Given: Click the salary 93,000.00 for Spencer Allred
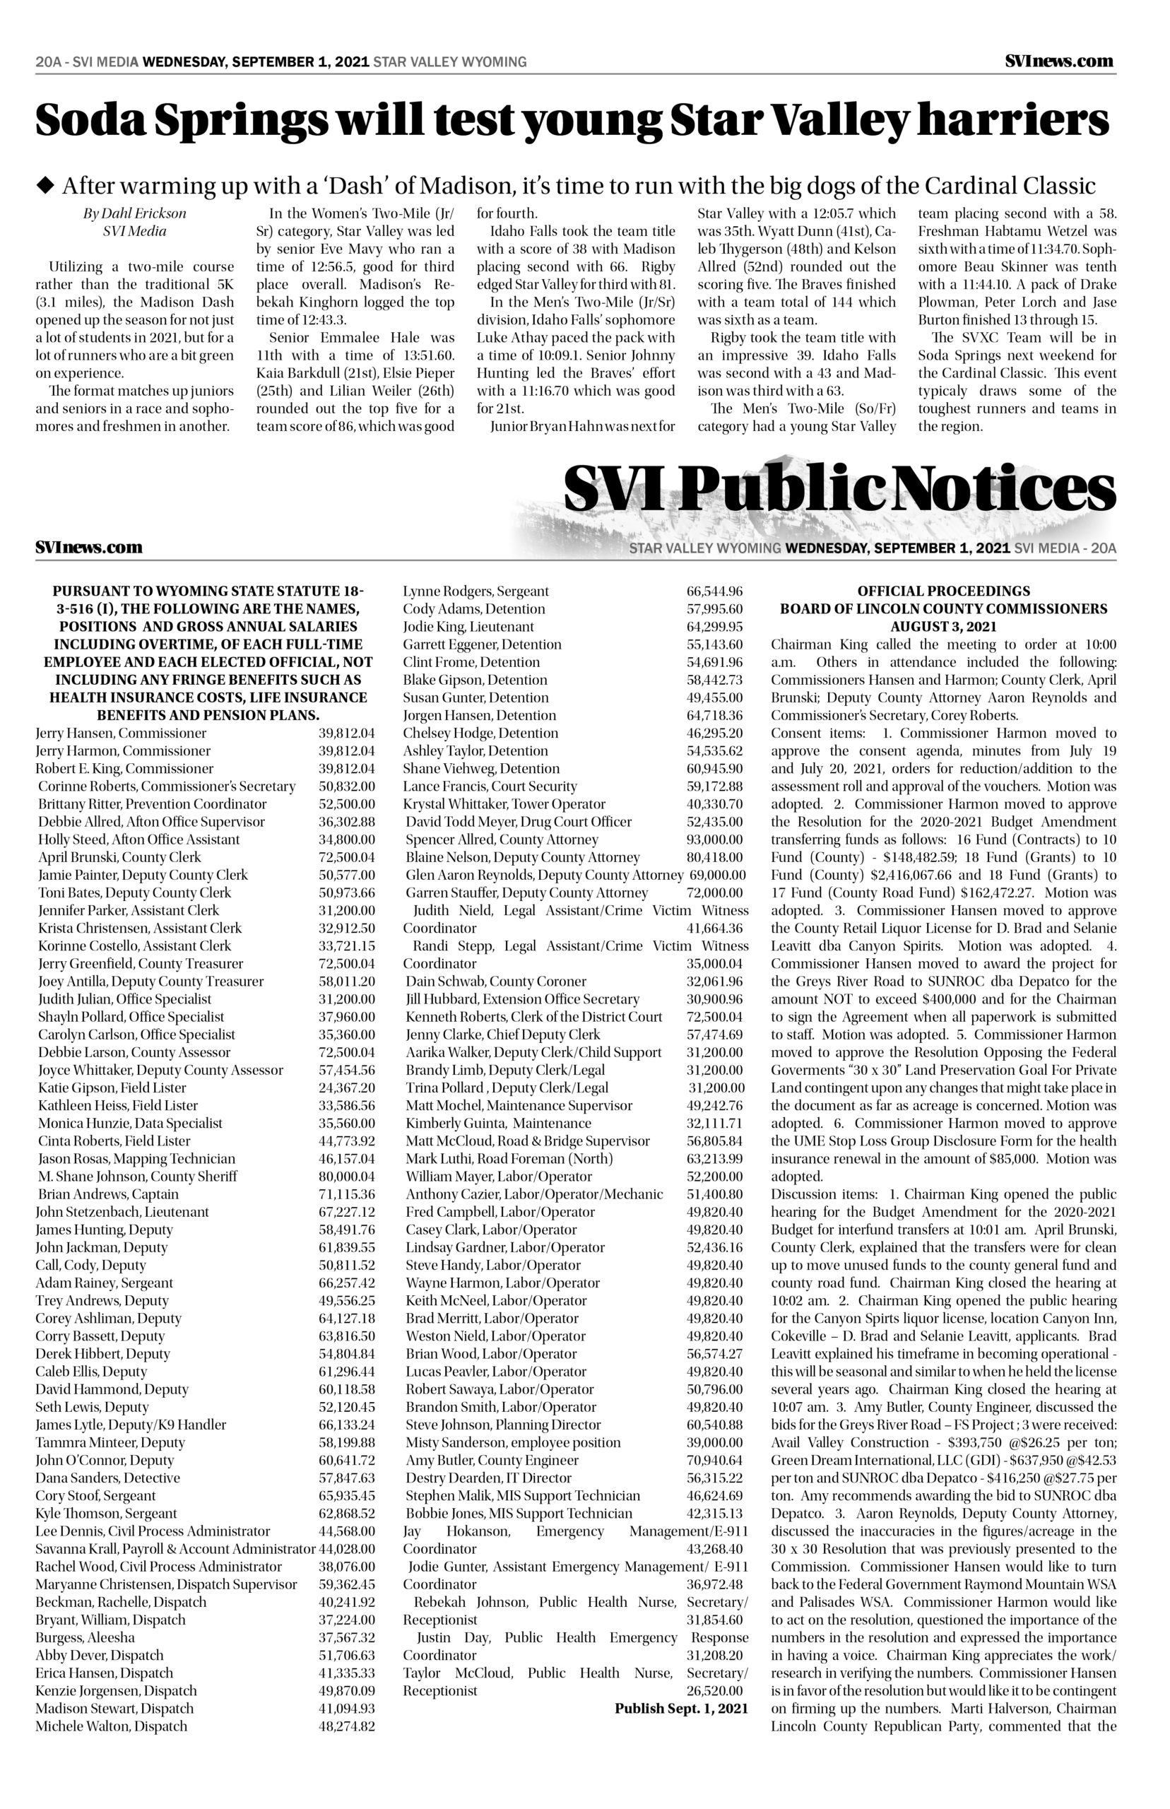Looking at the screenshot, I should (714, 839).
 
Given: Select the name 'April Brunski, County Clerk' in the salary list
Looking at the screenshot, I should (119, 857).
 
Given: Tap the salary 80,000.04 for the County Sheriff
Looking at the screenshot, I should (346, 1176).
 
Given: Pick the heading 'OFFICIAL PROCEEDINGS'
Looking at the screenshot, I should (944, 591).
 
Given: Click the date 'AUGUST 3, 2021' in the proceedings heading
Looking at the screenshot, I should (944, 627).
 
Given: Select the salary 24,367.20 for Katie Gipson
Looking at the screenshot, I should (346, 1088).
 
